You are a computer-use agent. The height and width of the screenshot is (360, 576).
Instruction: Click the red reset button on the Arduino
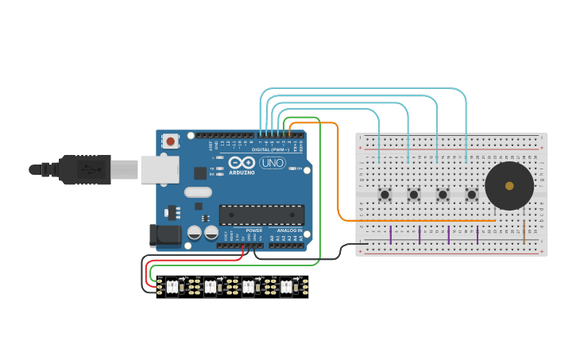tap(170, 141)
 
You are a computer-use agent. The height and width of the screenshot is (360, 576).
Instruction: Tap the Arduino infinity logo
tap(241, 163)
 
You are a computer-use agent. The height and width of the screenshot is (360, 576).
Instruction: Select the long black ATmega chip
tap(261, 215)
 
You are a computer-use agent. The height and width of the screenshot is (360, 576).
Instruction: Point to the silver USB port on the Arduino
tap(160, 169)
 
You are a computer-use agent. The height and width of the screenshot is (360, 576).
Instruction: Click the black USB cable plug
tap(84, 169)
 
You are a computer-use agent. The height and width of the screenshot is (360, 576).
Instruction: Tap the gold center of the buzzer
tap(509, 186)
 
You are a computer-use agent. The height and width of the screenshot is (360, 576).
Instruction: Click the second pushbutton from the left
tap(413, 194)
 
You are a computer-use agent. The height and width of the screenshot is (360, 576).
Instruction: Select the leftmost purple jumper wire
tap(391, 234)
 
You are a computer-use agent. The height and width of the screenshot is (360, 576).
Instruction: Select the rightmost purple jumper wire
tap(477, 234)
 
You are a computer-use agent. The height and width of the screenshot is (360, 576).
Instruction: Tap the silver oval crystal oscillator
tap(198, 192)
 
